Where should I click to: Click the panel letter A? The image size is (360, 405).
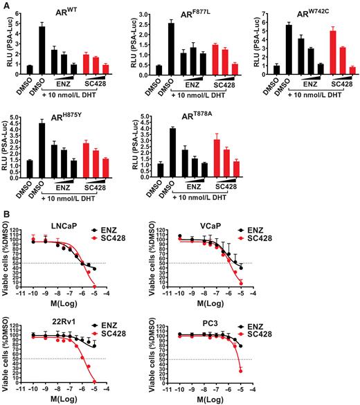(5, 5)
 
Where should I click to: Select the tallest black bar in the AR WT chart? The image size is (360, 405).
(42, 48)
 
